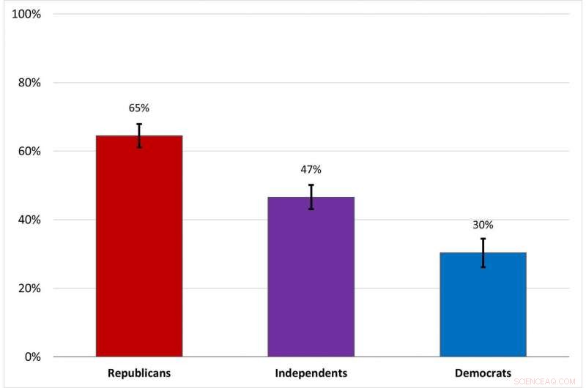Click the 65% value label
139,108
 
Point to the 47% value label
311,169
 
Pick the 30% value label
483,225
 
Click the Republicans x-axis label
139,373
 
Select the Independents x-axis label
311,373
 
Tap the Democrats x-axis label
483,373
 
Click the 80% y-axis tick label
29,83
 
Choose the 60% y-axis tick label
29,152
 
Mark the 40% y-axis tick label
29,220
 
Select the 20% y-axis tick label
29,288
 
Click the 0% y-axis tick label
32,357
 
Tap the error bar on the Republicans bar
139,135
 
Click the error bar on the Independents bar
311,197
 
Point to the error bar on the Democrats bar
483,253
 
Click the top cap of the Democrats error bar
483,239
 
